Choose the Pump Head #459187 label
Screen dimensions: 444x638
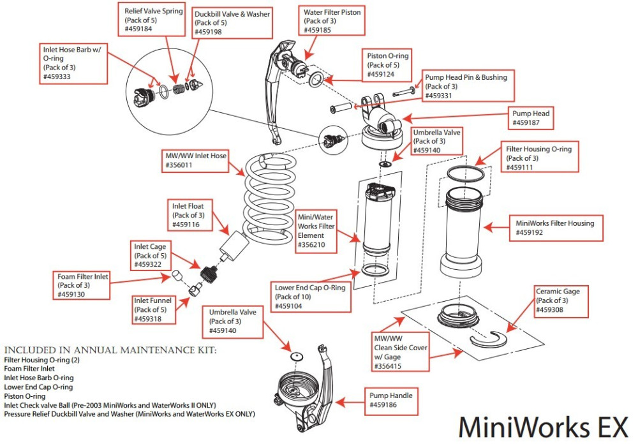point(531,118)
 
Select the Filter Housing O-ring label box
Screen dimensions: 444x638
point(540,158)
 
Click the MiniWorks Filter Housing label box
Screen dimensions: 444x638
point(556,228)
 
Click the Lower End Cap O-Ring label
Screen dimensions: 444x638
point(311,297)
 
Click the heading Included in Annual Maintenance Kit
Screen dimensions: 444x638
point(110,350)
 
